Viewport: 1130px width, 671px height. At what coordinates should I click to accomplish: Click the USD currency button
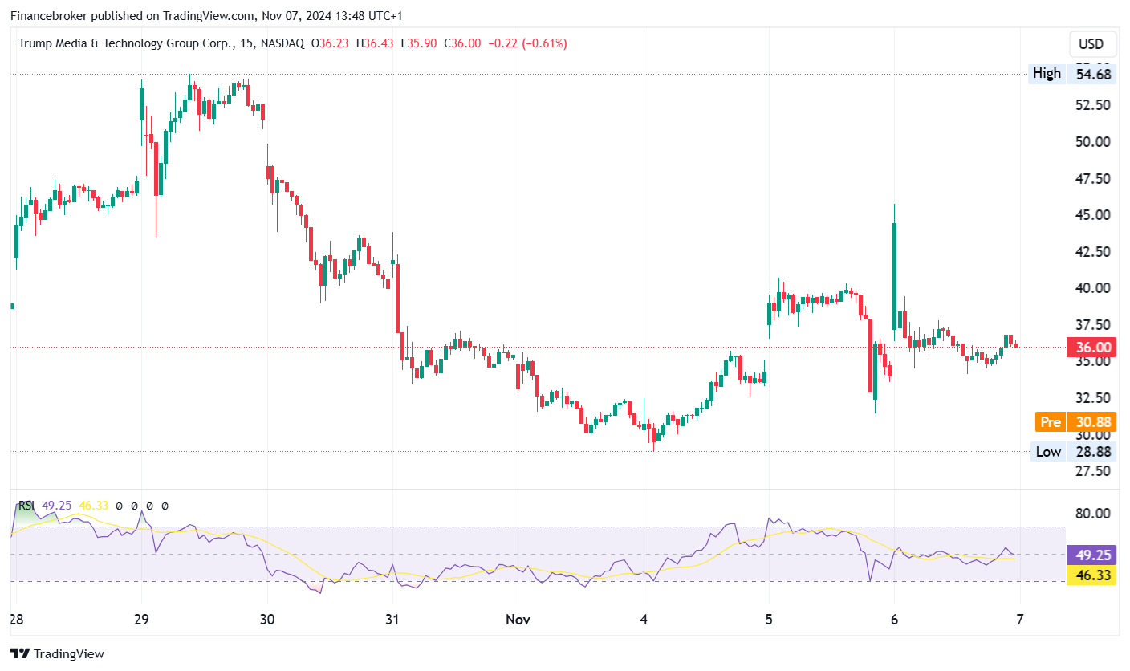[1091, 44]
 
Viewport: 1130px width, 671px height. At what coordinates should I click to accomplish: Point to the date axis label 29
[142, 620]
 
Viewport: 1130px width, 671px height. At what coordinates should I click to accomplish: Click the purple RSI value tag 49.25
[1091, 555]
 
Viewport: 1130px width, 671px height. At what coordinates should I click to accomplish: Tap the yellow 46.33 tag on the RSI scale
[1091, 575]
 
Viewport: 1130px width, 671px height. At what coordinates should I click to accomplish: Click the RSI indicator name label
[26, 506]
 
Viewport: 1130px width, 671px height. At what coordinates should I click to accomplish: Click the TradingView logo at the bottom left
[57, 653]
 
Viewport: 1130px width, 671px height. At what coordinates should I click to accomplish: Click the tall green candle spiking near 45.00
[894, 273]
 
